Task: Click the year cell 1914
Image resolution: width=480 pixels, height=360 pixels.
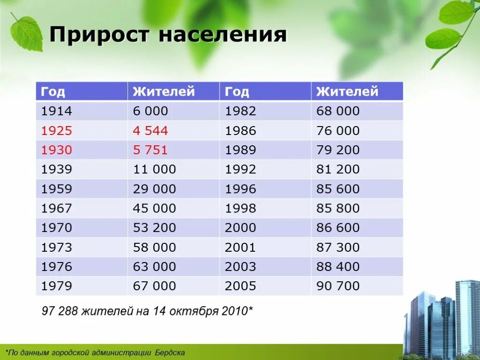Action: [56, 111]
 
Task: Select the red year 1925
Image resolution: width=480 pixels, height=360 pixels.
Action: [56, 131]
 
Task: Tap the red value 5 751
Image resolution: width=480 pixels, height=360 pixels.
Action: [150, 150]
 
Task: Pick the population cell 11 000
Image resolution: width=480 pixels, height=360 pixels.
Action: [154, 169]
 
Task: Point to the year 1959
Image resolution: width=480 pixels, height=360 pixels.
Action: [56, 189]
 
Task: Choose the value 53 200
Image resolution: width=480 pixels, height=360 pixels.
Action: [154, 228]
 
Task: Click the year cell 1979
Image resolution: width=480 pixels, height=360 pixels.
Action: [56, 286]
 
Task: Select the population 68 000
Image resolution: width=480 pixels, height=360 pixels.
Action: [338, 111]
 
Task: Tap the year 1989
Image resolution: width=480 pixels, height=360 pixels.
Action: [240, 150]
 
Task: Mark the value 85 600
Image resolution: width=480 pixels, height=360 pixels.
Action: [338, 189]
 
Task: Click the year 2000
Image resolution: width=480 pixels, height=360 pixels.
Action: [240, 228]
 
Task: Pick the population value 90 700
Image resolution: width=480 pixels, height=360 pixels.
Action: [338, 286]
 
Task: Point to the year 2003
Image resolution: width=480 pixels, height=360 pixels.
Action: [240, 267]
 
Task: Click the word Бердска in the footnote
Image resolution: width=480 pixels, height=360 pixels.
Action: [168, 352]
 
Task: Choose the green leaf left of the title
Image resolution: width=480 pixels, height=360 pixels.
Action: [26, 34]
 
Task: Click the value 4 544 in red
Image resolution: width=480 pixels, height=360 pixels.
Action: [150, 131]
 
